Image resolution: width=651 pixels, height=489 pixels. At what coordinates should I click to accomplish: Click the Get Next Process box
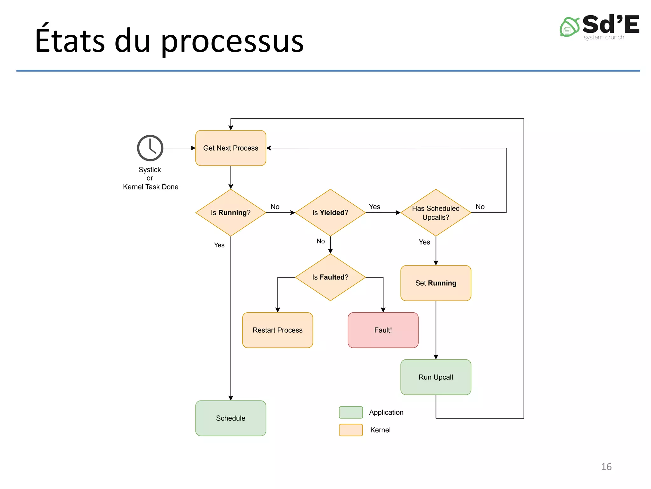(230, 148)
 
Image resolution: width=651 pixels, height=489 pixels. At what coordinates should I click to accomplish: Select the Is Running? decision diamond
(230, 213)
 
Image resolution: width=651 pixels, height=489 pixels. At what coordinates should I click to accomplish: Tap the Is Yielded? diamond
(330, 213)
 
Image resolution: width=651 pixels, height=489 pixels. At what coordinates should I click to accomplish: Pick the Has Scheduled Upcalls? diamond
(435, 213)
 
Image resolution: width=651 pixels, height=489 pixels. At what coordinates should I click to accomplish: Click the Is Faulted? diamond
(330, 277)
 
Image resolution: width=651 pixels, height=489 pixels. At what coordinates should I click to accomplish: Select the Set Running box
(435, 283)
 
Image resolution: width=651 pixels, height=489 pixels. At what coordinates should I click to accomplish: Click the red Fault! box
(383, 330)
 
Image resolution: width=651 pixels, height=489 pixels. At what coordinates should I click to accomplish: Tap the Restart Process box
(278, 330)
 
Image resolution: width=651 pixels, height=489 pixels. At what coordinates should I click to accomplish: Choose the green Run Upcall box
(435, 377)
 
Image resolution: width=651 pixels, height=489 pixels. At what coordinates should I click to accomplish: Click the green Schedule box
(230, 418)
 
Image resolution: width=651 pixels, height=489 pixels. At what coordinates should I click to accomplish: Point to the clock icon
(150, 148)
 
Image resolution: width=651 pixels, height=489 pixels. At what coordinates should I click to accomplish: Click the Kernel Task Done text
(151, 187)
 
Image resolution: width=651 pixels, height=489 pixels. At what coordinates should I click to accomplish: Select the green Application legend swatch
(351, 412)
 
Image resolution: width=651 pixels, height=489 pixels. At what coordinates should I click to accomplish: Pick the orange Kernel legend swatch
(351, 430)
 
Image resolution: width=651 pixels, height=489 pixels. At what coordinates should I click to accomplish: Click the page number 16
(606, 467)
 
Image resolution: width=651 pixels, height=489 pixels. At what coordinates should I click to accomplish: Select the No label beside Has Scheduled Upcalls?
(480, 207)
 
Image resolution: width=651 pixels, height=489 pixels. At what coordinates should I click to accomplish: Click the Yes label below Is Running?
(219, 245)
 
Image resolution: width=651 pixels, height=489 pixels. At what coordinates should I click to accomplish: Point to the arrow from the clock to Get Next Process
(179, 148)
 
